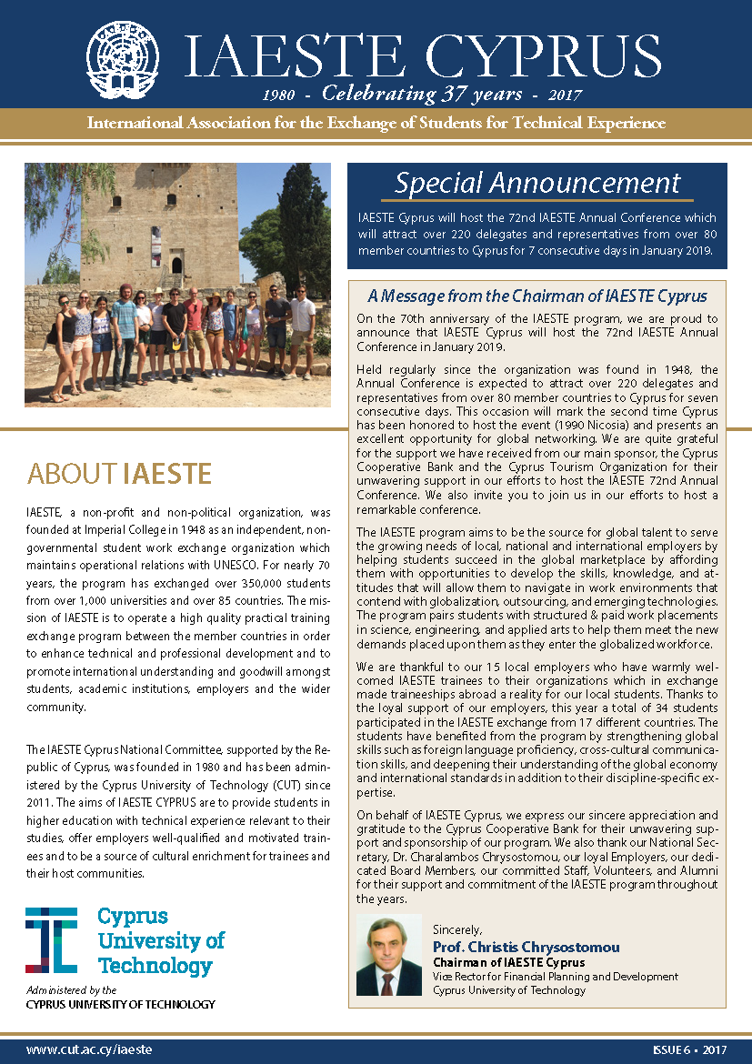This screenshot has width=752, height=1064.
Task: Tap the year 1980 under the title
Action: [282, 95]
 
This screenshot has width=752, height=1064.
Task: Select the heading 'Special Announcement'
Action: [537, 183]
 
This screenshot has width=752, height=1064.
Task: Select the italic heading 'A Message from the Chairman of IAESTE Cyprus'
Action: [536, 296]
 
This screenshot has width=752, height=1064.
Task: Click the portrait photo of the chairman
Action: [388, 955]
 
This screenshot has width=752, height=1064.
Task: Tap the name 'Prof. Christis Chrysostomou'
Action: [526, 947]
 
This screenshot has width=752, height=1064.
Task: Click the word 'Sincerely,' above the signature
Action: [456, 929]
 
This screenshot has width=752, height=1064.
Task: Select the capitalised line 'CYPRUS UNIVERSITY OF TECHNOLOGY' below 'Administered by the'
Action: [121, 1004]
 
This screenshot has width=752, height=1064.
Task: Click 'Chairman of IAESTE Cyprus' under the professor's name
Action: [508, 962]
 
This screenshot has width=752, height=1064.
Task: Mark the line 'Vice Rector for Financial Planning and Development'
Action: [555, 977]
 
